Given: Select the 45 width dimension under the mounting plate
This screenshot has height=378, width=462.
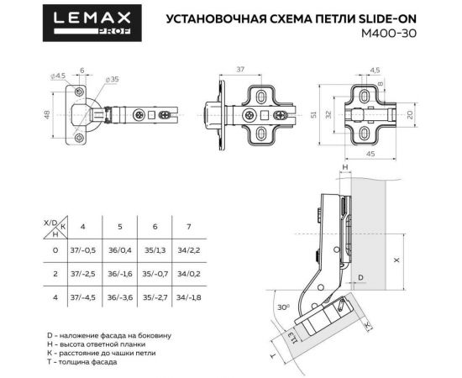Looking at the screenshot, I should [x=371, y=153].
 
